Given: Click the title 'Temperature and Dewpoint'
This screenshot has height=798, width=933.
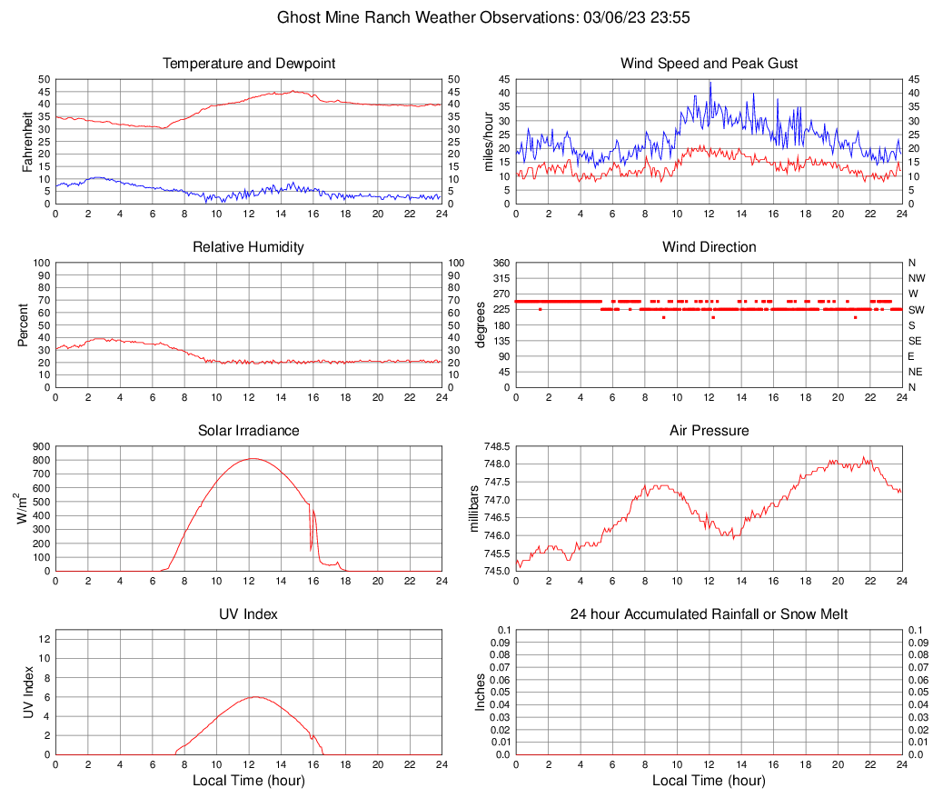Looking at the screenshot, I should point(248,64).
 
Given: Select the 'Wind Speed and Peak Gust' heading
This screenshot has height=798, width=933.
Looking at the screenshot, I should point(709,64).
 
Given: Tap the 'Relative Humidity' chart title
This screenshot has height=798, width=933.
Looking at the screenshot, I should point(248,247).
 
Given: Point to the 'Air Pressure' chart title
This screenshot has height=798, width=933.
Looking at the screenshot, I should point(709,431).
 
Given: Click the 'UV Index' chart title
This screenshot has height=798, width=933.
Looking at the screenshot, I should point(248,614).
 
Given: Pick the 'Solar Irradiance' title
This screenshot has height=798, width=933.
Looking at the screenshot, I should point(248,431).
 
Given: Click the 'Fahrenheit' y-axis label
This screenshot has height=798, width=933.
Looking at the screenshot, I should point(26,142).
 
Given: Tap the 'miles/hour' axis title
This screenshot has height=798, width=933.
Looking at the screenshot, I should point(487,142).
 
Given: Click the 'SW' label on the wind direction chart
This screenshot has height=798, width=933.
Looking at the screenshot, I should point(916,310).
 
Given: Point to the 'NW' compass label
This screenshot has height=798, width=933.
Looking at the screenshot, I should point(917,279).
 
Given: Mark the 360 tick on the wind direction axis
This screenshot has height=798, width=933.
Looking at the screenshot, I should point(500,264).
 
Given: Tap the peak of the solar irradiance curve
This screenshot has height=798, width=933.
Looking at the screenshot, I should point(252,458).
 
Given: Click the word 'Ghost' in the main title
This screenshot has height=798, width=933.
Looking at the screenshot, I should point(299,17).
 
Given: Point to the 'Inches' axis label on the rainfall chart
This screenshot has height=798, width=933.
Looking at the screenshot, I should point(481,693).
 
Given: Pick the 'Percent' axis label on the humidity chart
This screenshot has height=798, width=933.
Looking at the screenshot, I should point(23,325).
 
